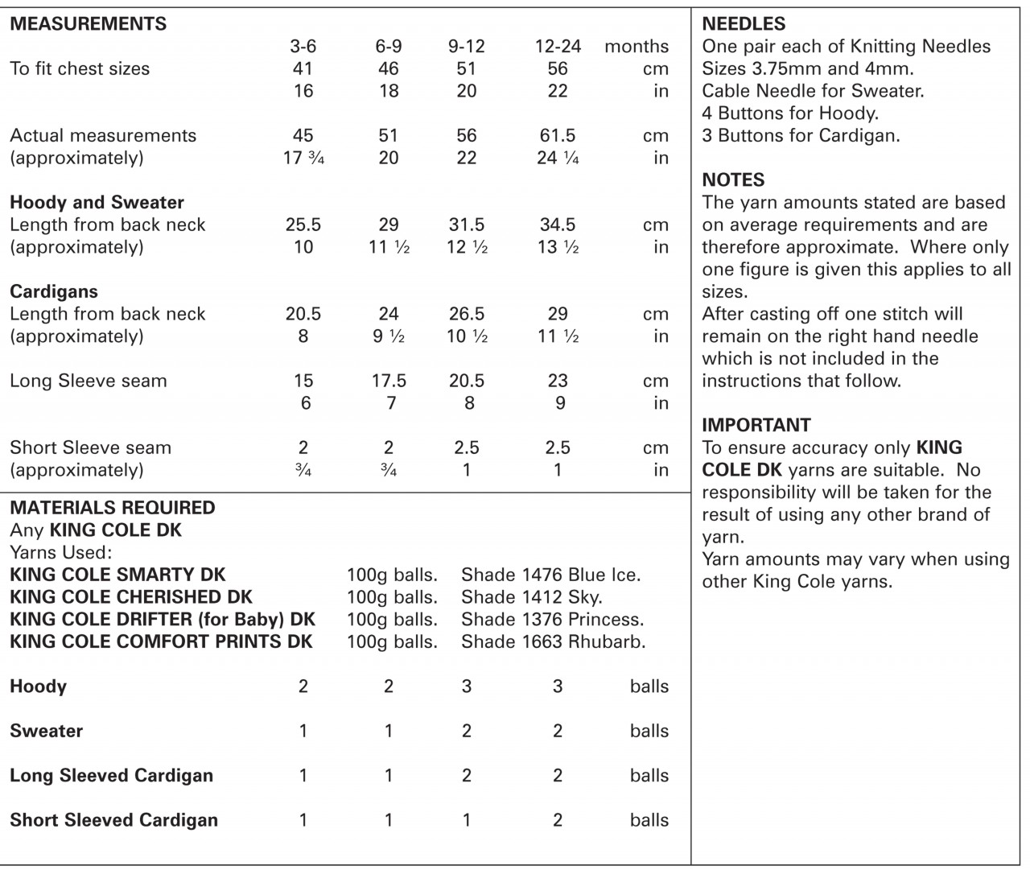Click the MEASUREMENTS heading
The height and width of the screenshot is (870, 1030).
pyautogui.click(x=89, y=23)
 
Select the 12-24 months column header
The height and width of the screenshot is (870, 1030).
pyautogui.click(x=558, y=47)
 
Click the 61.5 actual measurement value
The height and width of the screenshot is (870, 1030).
pyautogui.click(x=558, y=135)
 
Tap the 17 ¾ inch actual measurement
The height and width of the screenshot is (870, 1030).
pyautogui.click(x=303, y=158)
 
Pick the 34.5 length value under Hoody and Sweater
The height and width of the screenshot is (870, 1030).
pyautogui.click(x=558, y=225)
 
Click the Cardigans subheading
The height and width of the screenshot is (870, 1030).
pyautogui.click(x=54, y=291)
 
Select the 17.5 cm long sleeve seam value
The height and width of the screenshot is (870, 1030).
pyautogui.click(x=389, y=381)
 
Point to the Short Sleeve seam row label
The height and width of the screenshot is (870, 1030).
pyautogui.click(x=90, y=447)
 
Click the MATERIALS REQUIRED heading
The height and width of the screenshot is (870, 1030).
pyautogui.click(x=113, y=508)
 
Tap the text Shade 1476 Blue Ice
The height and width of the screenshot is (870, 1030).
pyautogui.click(x=551, y=575)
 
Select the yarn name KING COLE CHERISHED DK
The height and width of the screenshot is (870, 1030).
pyautogui.click(x=131, y=597)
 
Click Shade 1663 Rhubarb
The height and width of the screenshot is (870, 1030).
pyautogui.click(x=554, y=642)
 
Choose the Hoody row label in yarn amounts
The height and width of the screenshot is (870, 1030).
pyautogui.click(x=38, y=687)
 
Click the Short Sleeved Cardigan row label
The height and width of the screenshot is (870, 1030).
pyautogui.click(x=113, y=820)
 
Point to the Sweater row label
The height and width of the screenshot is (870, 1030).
pyautogui.click(x=46, y=731)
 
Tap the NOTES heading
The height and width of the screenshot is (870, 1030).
pyautogui.click(x=733, y=179)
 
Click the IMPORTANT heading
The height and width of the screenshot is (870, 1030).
pyautogui.click(x=756, y=425)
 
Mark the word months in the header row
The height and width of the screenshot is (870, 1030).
pyautogui.click(x=637, y=47)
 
